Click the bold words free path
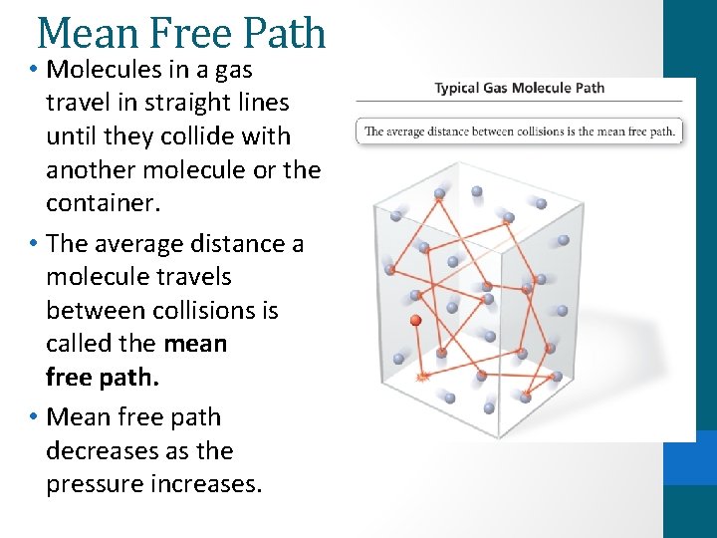[103, 379]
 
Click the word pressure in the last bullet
[94, 484]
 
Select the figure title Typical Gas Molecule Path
[519, 88]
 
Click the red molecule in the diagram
[416, 321]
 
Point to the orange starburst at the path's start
[422, 377]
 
